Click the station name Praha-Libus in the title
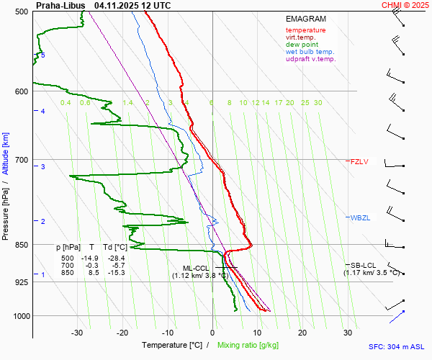(60, 5)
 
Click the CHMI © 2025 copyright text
(405, 5)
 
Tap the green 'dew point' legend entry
(303, 45)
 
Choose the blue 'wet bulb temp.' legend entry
(310, 52)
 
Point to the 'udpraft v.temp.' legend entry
(310, 59)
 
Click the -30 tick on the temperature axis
(77, 333)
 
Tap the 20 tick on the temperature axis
(302, 333)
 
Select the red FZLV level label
(359, 162)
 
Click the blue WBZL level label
(360, 218)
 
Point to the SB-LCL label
(364, 265)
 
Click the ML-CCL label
(196, 268)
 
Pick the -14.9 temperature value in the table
(89, 258)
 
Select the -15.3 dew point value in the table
(116, 273)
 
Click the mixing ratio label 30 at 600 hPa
(318, 103)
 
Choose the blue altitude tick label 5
(43, 55)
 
